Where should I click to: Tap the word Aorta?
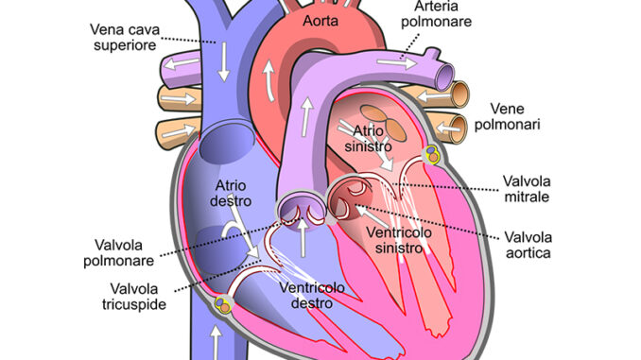[321, 19]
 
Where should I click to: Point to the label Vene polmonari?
[508, 115]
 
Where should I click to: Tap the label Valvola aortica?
[528, 246]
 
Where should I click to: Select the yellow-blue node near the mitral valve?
[432, 153]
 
